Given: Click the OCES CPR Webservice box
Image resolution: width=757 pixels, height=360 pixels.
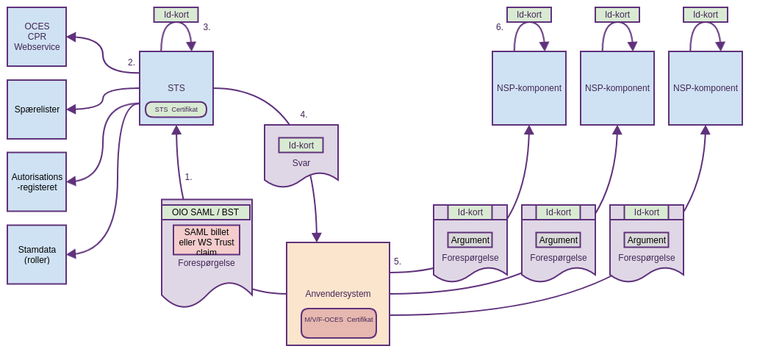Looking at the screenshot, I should point(37,37).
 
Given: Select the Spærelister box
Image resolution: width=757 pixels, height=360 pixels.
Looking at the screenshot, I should point(37,109).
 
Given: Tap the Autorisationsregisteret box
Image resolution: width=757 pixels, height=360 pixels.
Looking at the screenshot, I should point(37,181).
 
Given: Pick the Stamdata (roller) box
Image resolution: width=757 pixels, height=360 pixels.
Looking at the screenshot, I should point(37,254).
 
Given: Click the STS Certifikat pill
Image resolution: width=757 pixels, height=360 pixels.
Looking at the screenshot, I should point(176,109).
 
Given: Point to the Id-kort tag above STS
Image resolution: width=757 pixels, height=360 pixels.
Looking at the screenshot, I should point(176,15).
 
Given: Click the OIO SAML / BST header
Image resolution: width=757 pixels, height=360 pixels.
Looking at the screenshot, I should point(206,212).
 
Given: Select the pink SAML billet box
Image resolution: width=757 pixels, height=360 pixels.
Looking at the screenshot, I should point(207,240).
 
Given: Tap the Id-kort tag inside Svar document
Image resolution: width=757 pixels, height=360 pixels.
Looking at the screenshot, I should point(301,145).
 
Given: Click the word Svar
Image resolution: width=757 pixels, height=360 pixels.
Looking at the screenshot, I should point(301,163).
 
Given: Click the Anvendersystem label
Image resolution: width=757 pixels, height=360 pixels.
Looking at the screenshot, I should point(338,294).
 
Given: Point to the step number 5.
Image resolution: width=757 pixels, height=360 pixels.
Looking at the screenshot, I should point(398,262).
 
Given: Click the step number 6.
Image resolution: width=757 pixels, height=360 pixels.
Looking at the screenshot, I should point(500,27).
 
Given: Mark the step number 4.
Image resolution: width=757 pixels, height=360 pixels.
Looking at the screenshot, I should point(304,115).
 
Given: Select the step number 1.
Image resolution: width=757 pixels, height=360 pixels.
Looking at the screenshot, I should point(188,177).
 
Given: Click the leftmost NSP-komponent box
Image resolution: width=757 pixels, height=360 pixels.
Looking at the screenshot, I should point(529,88).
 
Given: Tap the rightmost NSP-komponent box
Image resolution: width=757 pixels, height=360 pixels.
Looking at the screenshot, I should point(706,88).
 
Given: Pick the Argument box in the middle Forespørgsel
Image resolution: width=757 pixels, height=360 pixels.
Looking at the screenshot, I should point(559,240).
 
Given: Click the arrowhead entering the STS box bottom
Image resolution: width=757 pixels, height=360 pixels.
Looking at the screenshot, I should point(176,130).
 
